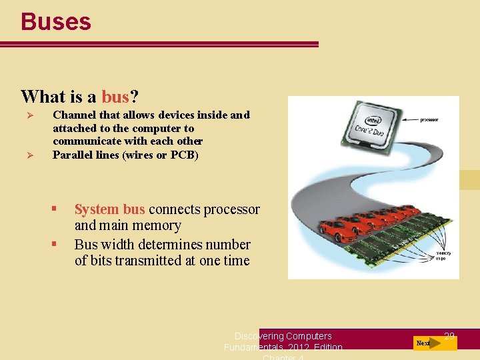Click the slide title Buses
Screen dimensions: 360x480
click(x=56, y=21)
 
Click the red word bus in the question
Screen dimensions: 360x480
click(x=115, y=97)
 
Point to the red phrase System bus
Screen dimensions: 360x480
click(x=109, y=209)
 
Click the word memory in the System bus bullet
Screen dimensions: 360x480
click(x=159, y=225)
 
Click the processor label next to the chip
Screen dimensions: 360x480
click(x=429, y=120)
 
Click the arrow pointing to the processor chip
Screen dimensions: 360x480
click(x=403, y=121)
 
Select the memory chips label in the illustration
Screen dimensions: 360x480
click(x=443, y=256)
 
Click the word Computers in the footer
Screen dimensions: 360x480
click(x=309, y=336)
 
